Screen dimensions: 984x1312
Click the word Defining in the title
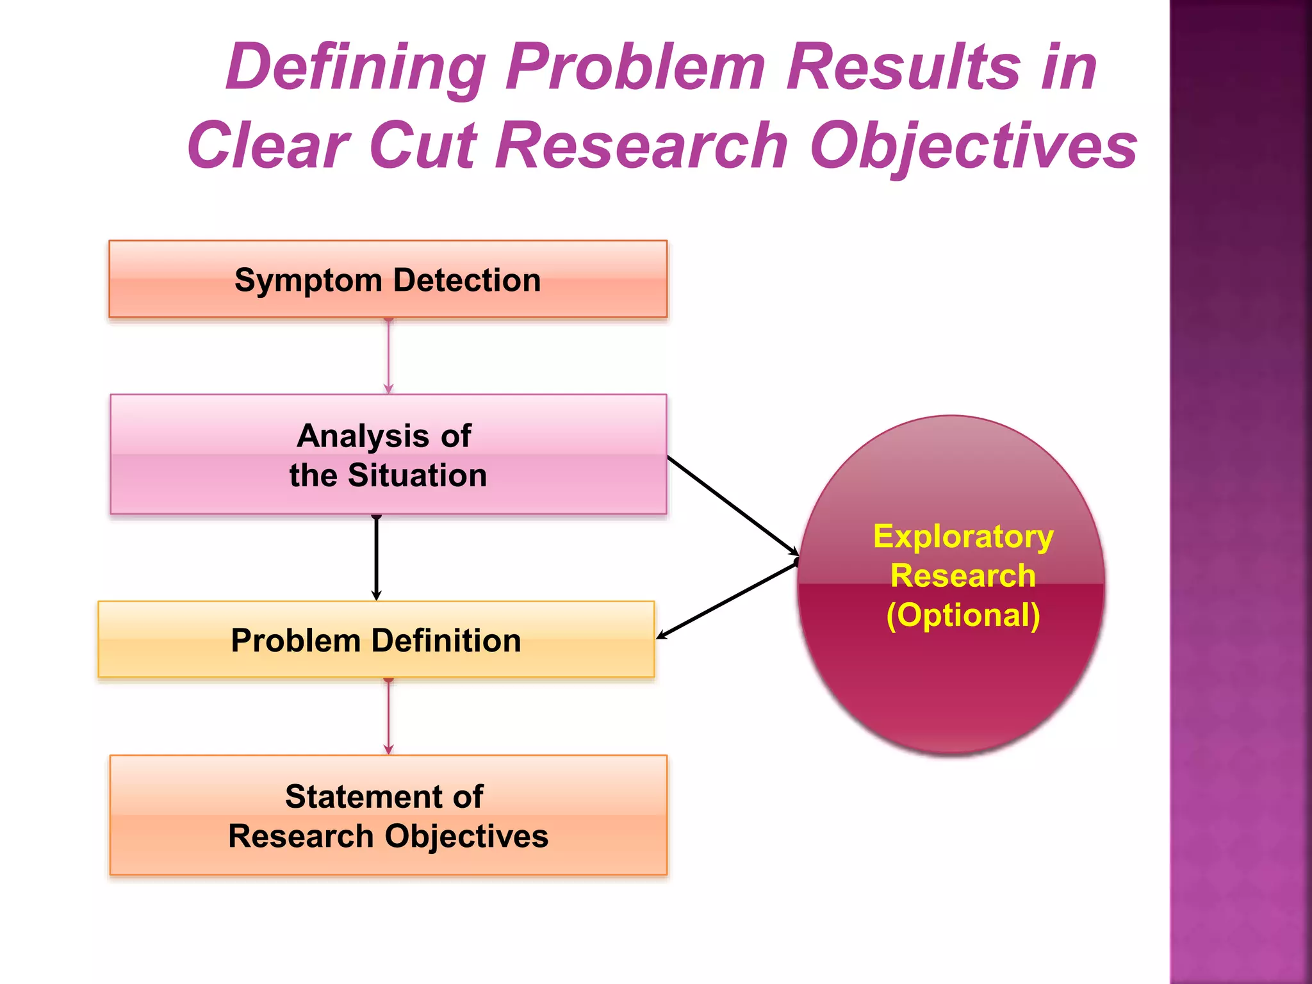[x=356, y=68]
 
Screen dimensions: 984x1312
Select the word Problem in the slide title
[x=635, y=67]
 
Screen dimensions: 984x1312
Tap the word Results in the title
[x=903, y=67]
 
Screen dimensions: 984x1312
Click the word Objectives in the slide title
[x=974, y=145]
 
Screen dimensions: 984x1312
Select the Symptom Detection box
[x=388, y=279]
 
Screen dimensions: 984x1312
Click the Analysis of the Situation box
[x=388, y=454]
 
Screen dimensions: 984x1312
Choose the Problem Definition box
[x=376, y=639]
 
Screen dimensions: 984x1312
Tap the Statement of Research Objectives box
[x=388, y=815]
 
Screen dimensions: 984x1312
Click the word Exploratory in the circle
[x=963, y=536]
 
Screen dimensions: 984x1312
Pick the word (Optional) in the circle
[x=963, y=615]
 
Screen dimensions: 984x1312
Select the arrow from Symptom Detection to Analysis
[x=388, y=356]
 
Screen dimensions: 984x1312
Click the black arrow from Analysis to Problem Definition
[x=377, y=557]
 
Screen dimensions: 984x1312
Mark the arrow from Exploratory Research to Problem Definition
[x=727, y=600]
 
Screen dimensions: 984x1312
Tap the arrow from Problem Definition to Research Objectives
[x=388, y=716]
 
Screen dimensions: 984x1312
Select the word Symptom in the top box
[x=308, y=280]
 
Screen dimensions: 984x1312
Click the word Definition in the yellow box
[x=446, y=640]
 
